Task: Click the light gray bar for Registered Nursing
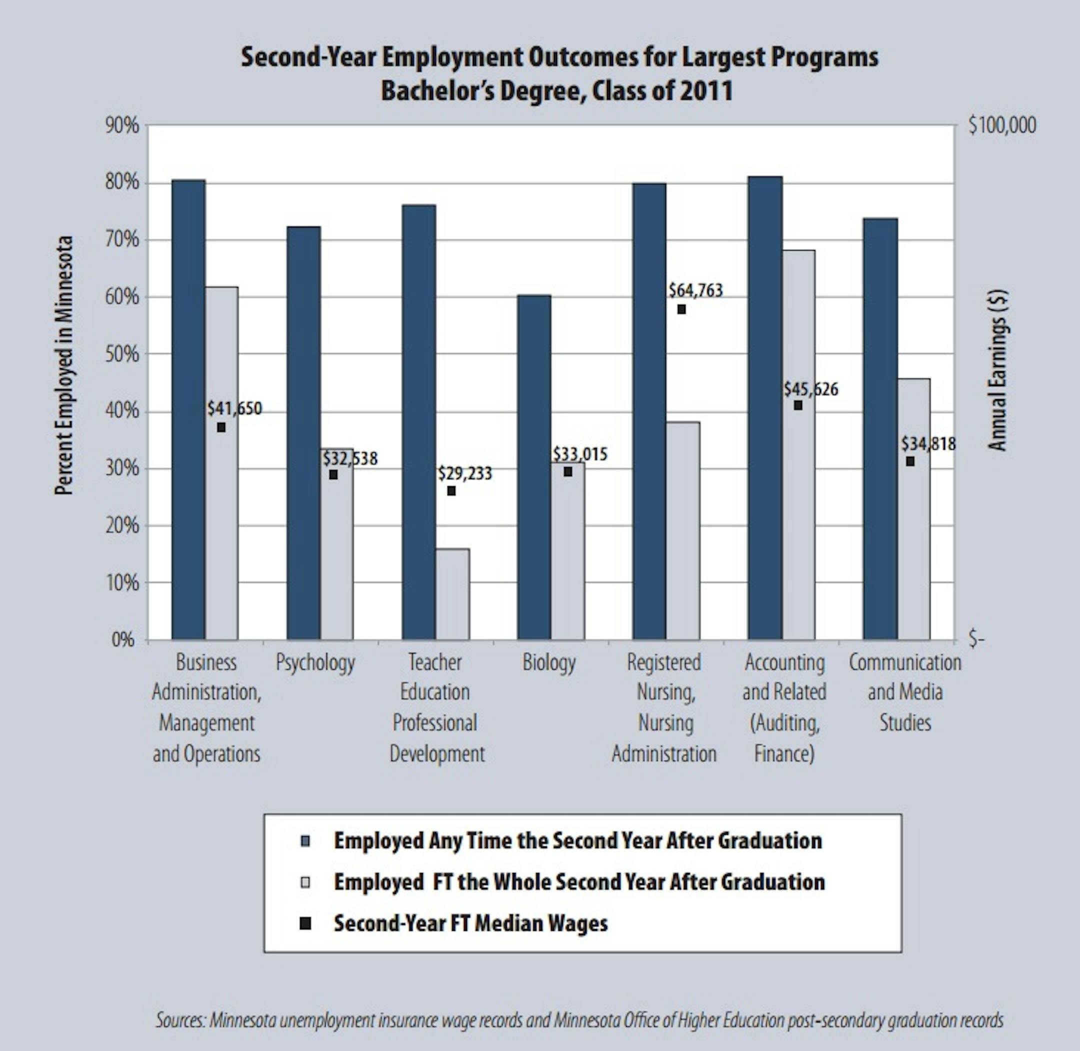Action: click(x=683, y=530)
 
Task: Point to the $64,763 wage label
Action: click(x=695, y=290)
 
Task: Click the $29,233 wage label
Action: click(x=464, y=474)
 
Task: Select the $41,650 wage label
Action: click(x=234, y=409)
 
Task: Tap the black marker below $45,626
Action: click(x=798, y=405)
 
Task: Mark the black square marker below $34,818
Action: click(x=910, y=461)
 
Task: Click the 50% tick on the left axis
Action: click(x=122, y=354)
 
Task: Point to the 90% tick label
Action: click(x=122, y=126)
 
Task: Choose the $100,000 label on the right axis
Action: click(x=1002, y=126)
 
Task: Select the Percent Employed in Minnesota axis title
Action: click(x=64, y=365)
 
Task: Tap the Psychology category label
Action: click(x=315, y=662)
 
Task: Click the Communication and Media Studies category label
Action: click(x=905, y=692)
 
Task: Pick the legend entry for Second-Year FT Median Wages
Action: click(x=470, y=923)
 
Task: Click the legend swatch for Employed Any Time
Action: click(x=305, y=841)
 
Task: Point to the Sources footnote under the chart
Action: click(x=579, y=1020)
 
